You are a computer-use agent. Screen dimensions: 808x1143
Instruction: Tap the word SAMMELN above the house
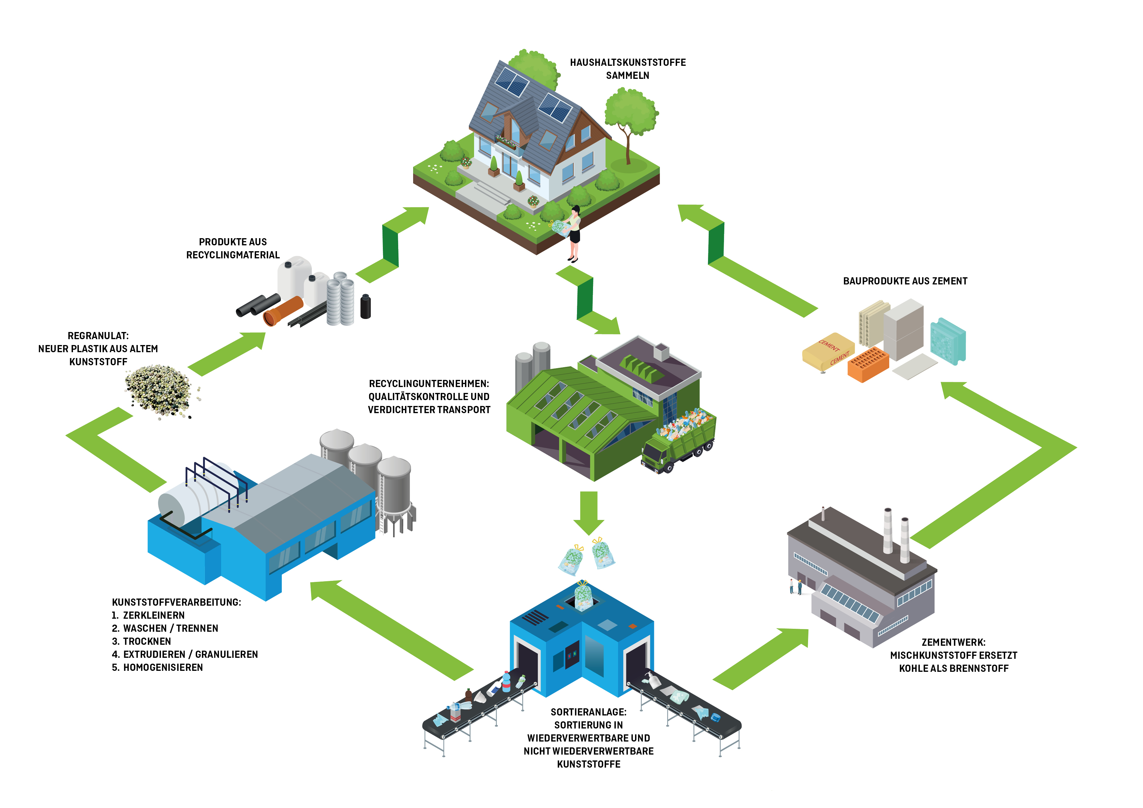pyautogui.click(x=627, y=76)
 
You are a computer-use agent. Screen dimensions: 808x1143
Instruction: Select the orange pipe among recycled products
pyautogui.click(x=283, y=310)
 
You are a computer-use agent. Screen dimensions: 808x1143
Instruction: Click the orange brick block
pyautogui.click(x=868, y=365)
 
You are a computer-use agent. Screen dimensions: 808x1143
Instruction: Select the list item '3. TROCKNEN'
pyautogui.click(x=142, y=641)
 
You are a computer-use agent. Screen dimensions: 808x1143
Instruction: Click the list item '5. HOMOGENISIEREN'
pyautogui.click(x=158, y=668)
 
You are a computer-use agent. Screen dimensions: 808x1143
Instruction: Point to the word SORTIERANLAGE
pyautogui.click(x=588, y=712)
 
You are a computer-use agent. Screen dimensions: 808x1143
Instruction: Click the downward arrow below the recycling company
pyautogui.click(x=588, y=513)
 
